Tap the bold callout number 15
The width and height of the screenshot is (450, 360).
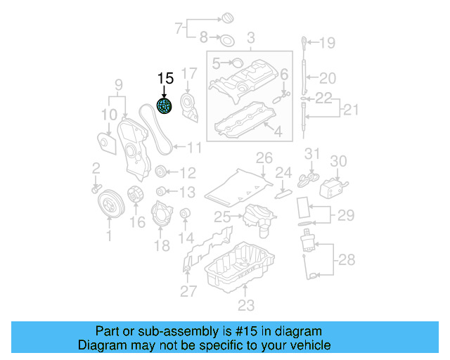[x=165, y=79]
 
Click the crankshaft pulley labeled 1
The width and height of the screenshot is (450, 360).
[x=108, y=205]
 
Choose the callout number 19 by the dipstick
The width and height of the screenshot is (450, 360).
[x=328, y=44]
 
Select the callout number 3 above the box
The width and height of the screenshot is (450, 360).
[x=250, y=37]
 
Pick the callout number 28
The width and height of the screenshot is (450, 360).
[x=347, y=260]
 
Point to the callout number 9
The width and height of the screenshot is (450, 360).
[x=119, y=85]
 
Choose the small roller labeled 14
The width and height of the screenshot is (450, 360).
[x=186, y=214]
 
